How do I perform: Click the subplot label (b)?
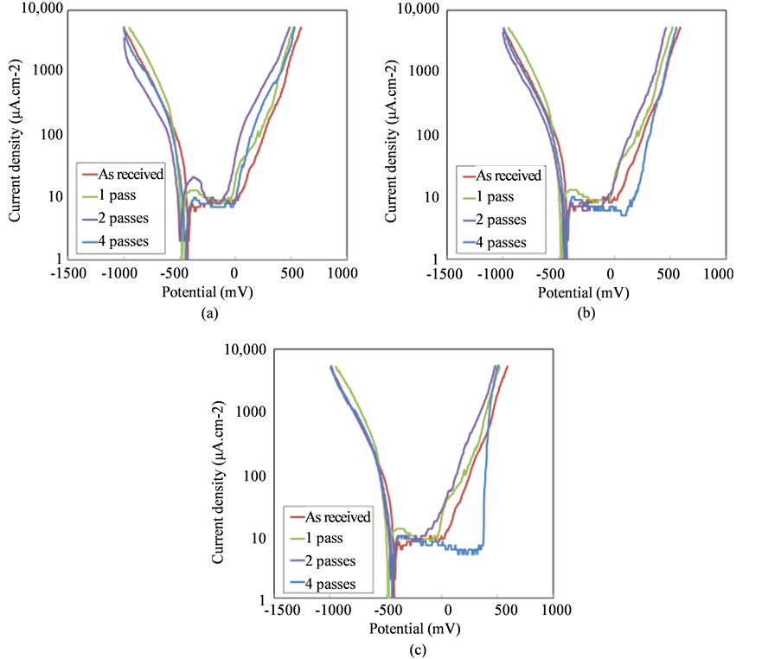click(x=586, y=316)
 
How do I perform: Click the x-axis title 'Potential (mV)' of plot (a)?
click(x=208, y=293)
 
